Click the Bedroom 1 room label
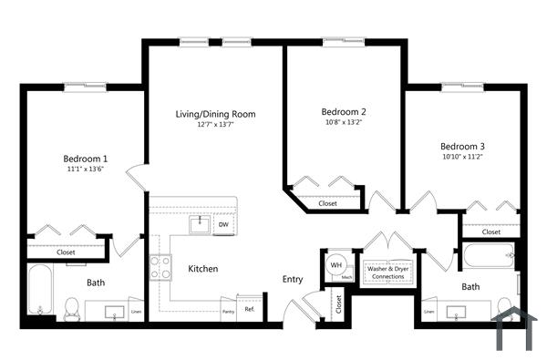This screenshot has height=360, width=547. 85,156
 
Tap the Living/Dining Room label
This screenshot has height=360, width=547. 215,114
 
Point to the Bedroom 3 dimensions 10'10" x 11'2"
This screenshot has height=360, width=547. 462,157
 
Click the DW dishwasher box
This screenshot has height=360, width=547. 222,224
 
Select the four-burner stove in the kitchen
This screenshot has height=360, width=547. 160,267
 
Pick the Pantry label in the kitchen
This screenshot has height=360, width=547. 228,312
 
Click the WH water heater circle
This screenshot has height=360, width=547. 335,266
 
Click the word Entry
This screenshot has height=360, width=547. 292,279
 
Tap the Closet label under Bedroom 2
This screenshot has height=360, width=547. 327,203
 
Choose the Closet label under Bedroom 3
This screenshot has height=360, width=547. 490,231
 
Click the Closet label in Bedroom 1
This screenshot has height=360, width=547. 66,252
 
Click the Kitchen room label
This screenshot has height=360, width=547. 202,269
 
